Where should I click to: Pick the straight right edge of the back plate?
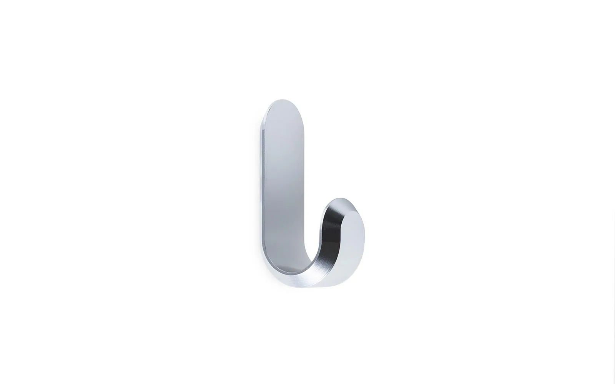coord(306,173)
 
